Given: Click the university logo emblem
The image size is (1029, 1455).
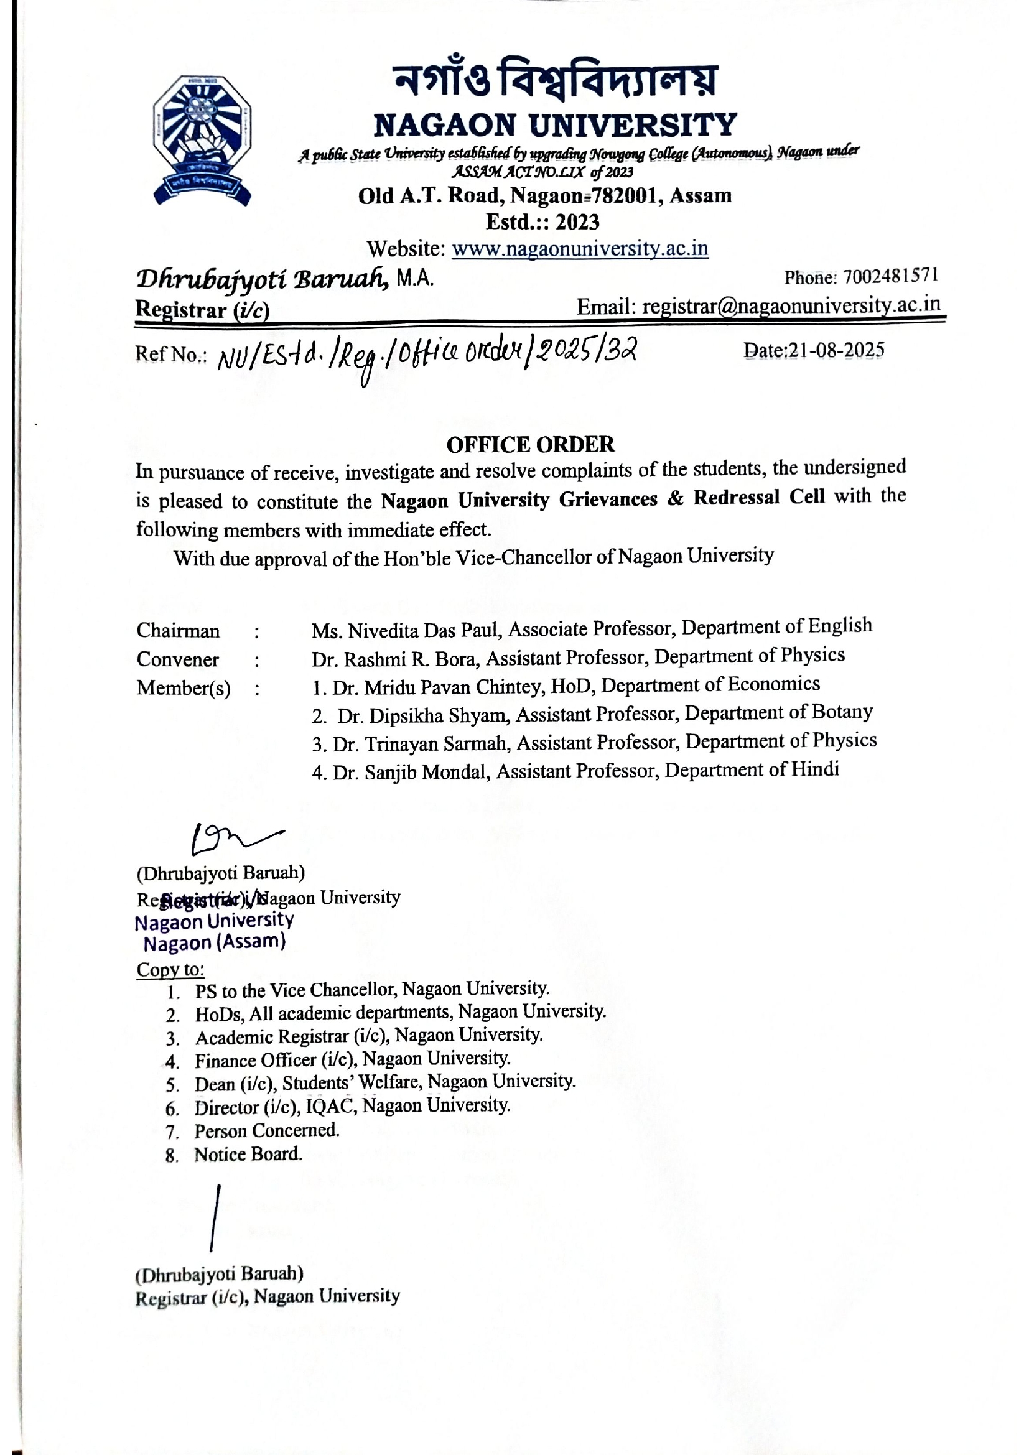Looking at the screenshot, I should point(202,140).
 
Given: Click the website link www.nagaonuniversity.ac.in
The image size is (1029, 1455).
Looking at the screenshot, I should point(579,248).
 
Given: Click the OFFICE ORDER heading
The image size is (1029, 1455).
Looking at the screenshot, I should point(529,444).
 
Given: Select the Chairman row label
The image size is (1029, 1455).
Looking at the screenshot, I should point(178,631).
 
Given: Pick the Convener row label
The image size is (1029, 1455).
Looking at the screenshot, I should point(177,659).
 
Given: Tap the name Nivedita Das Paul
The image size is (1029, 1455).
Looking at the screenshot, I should point(424,631).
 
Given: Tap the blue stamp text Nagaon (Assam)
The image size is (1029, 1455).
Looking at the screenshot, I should point(214,942).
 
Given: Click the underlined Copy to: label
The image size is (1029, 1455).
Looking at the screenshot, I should point(170,970).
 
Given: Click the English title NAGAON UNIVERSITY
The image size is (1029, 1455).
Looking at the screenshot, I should point(554,125).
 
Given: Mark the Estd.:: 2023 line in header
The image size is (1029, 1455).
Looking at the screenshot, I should point(542,222).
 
